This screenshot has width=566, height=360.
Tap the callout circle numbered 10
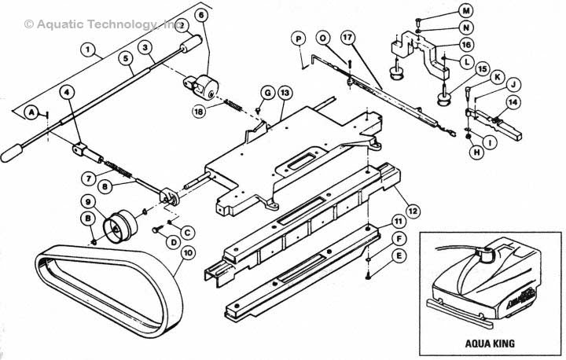pyautogui.click(x=188, y=253)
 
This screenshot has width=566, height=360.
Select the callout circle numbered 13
pyautogui.click(x=285, y=93)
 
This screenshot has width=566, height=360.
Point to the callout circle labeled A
pyautogui.click(x=32, y=111)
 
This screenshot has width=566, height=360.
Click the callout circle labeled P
pyautogui.click(x=299, y=39)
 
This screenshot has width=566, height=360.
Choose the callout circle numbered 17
pyautogui.click(x=348, y=38)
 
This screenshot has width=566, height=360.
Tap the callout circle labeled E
pyautogui.click(x=399, y=256)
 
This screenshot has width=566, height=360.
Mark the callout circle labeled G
pyautogui.click(x=267, y=93)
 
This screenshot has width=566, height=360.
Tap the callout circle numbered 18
pyautogui.click(x=200, y=112)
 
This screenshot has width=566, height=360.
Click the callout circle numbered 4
pyautogui.click(x=67, y=92)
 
